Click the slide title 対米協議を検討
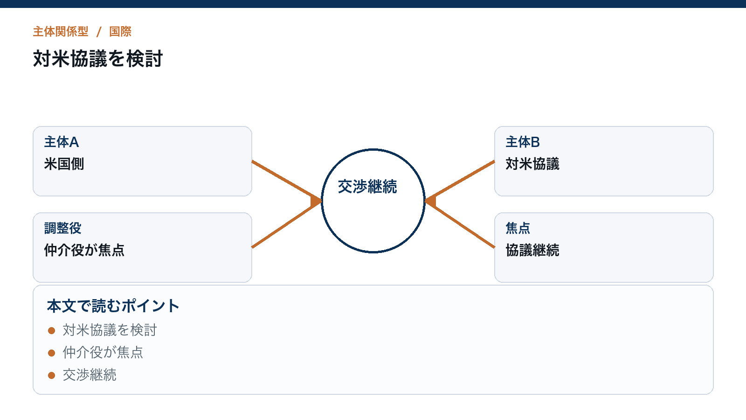point(97,59)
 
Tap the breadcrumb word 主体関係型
point(61,32)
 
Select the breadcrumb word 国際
point(120,32)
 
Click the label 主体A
point(62,142)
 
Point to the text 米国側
point(64,164)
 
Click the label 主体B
point(523,142)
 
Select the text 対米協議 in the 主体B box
point(532,164)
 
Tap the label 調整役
point(62,228)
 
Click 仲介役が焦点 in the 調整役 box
point(84,250)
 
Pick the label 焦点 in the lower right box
point(518,228)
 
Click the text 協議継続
point(532,250)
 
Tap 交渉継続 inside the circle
point(367,187)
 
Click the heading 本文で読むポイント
point(113,306)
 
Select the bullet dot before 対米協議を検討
point(51,331)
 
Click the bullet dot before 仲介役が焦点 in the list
point(51,353)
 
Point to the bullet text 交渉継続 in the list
point(90,375)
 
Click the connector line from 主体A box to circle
point(287,181)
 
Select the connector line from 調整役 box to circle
point(287,224)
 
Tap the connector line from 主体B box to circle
point(460,181)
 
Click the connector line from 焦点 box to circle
point(460,224)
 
